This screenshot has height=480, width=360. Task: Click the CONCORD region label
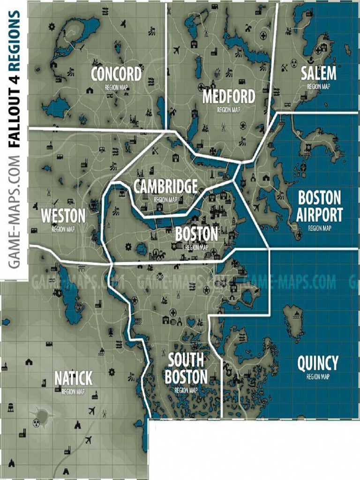[116, 74]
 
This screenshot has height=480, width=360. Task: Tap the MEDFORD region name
[229, 97]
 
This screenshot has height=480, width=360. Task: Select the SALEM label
[318, 74]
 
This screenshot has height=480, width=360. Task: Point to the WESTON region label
[63, 216]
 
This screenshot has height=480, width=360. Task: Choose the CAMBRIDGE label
[165, 187]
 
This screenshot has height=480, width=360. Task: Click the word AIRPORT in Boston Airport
[319, 215]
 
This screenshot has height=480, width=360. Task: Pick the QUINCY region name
[317, 363]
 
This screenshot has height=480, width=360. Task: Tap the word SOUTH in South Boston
[186, 360]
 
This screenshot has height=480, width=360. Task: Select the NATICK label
[73, 378]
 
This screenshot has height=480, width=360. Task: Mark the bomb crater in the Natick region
[43, 415]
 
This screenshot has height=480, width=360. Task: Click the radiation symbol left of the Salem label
[294, 62]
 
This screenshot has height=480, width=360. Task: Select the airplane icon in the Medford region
[177, 50]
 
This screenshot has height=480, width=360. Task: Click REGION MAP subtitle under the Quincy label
[317, 376]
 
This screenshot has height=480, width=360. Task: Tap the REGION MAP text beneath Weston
[63, 229]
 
